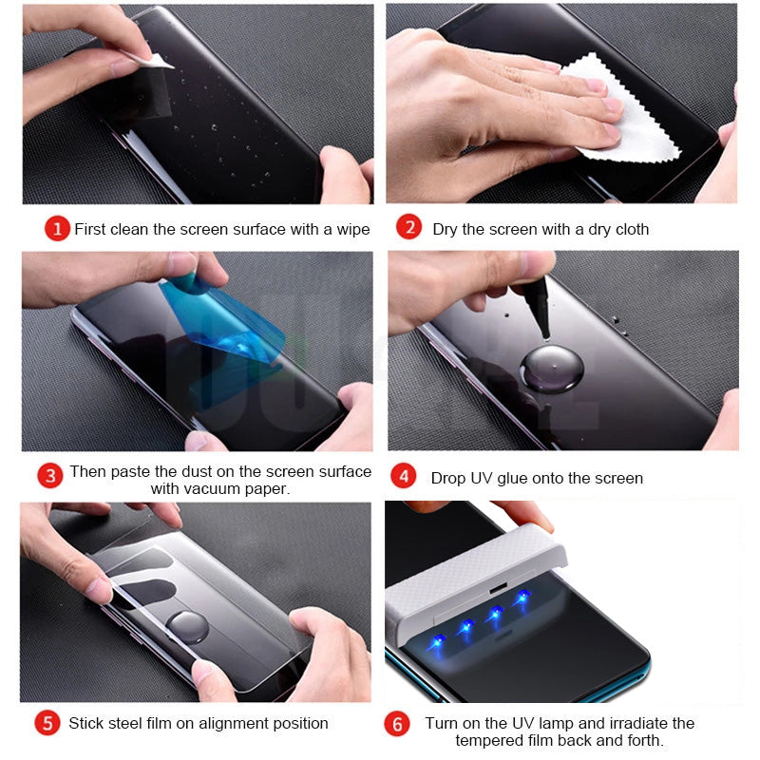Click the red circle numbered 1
click(x=57, y=229)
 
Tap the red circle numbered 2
click(x=409, y=228)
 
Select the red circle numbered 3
click(x=50, y=475)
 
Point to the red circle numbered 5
click(x=47, y=723)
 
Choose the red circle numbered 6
click(x=397, y=725)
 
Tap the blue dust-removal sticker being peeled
click(x=223, y=318)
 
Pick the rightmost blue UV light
click(x=521, y=598)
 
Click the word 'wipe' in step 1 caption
click(x=351, y=229)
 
